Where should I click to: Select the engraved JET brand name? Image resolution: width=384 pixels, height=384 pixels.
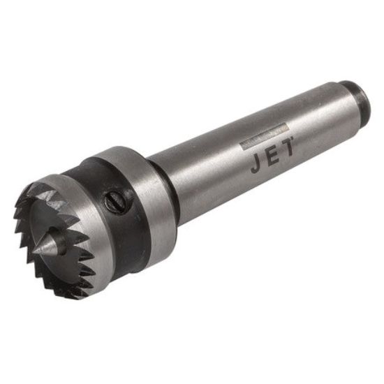click(x=272, y=156)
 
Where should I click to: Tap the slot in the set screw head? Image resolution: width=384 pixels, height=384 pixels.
click(x=115, y=202)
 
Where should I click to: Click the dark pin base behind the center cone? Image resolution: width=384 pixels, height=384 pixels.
click(x=60, y=239)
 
